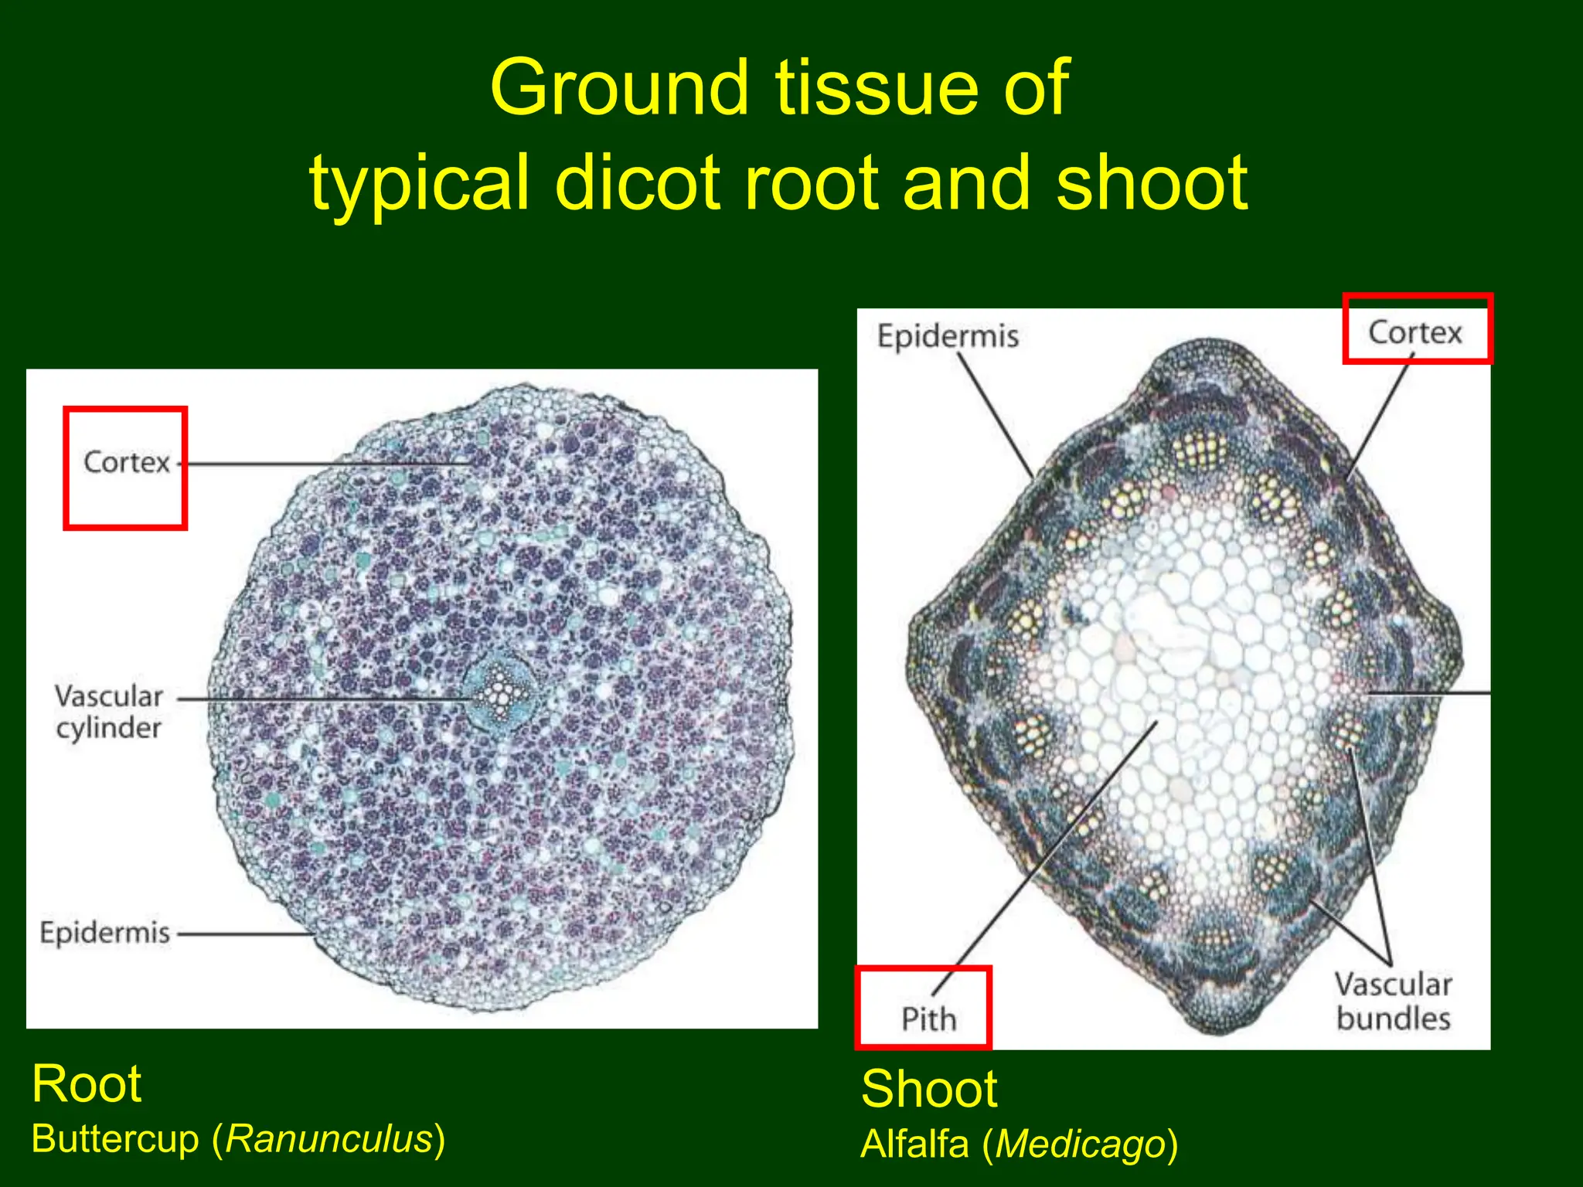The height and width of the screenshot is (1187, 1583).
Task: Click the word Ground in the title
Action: (x=619, y=89)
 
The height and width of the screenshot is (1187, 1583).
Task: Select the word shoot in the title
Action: (x=1152, y=183)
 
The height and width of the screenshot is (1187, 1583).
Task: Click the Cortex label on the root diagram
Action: (x=126, y=462)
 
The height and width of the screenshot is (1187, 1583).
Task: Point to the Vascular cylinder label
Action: (x=109, y=711)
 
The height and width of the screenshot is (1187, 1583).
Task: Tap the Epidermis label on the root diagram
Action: (x=105, y=933)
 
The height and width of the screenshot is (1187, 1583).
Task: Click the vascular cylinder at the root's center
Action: (x=499, y=691)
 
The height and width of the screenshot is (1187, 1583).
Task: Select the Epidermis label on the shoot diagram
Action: (x=948, y=336)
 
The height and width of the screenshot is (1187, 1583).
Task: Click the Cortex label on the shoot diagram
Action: (x=1414, y=332)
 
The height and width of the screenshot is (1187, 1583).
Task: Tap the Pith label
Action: (x=928, y=1019)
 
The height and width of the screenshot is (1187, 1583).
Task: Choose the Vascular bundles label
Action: (x=1393, y=1001)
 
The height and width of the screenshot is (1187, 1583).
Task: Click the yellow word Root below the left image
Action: (x=87, y=1083)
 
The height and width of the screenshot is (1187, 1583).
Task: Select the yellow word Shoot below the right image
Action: (x=929, y=1089)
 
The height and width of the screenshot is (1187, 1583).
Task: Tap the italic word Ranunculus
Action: (x=329, y=1139)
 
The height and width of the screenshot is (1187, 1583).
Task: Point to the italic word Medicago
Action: (x=1080, y=1144)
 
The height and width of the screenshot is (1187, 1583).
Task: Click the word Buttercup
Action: (x=115, y=1139)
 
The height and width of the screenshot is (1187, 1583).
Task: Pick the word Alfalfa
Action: (x=915, y=1144)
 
